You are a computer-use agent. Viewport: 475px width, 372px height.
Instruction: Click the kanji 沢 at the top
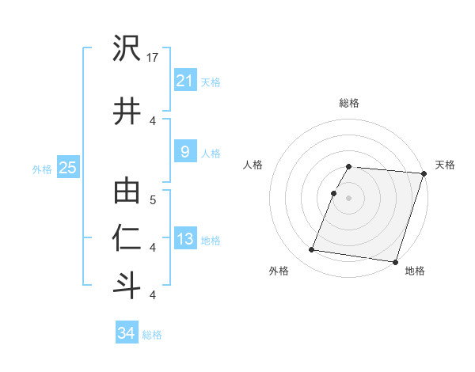click(x=127, y=50)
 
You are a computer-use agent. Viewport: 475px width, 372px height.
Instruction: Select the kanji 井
click(x=127, y=112)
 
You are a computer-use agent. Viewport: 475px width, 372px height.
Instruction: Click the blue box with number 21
click(x=184, y=81)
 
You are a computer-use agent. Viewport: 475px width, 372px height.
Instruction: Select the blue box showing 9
click(x=184, y=152)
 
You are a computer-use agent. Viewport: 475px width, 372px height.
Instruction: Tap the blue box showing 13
click(x=184, y=240)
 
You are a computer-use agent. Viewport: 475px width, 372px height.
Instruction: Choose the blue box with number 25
click(x=67, y=168)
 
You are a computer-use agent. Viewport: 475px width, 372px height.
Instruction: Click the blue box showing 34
click(x=126, y=333)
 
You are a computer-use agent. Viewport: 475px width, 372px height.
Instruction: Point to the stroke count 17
click(x=154, y=57)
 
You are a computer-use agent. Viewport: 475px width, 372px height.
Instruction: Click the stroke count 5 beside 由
click(x=153, y=200)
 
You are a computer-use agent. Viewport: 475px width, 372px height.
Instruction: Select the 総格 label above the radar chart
click(x=349, y=103)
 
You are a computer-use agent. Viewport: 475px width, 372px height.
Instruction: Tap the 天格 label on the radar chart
click(x=445, y=165)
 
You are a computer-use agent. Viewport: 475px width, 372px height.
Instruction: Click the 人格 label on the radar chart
click(x=253, y=165)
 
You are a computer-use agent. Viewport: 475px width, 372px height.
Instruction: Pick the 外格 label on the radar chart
click(x=279, y=271)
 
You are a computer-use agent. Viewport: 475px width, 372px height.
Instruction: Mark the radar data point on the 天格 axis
click(x=424, y=174)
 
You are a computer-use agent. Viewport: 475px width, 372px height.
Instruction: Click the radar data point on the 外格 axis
click(x=312, y=250)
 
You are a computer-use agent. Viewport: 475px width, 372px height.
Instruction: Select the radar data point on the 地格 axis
click(x=394, y=261)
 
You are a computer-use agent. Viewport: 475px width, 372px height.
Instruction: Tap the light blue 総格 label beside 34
click(x=152, y=335)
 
